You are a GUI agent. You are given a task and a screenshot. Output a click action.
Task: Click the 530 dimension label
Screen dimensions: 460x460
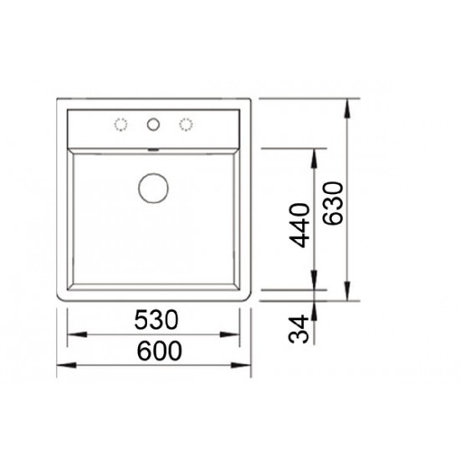(156, 319)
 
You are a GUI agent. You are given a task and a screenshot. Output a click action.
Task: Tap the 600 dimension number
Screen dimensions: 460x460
(159, 350)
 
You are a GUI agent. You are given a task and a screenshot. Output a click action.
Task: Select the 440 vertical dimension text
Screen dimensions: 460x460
(299, 225)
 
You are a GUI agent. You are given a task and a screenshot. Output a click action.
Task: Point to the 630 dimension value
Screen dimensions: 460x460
(333, 203)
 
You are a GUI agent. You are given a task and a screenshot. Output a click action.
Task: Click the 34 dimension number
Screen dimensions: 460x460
(299, 330)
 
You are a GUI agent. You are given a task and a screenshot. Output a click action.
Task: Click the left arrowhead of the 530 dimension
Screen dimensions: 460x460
(77, 335)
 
